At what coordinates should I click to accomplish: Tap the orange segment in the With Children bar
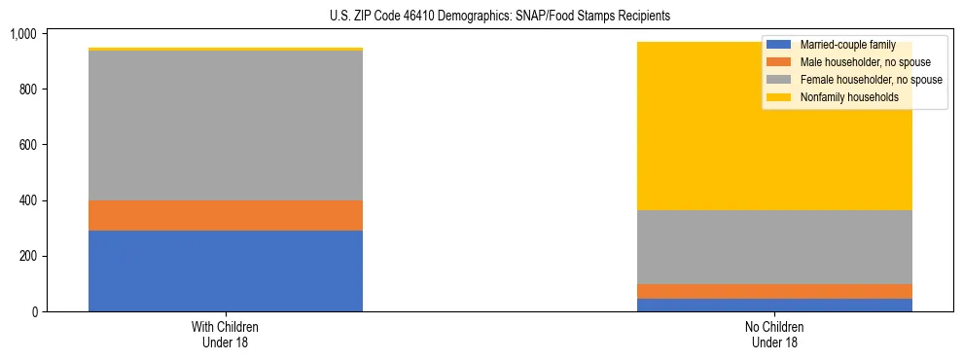click(x=226, y=215)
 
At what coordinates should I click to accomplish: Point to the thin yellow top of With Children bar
click(x=226, y=49)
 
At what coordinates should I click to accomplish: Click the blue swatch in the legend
click(x=779, y=45)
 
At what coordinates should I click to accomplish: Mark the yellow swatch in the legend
click(x=779, y=97)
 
